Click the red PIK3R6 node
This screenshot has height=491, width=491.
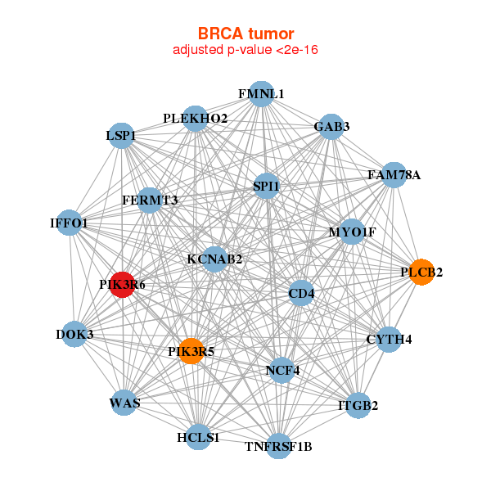[122, 285]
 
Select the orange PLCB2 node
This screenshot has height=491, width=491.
[421, 272]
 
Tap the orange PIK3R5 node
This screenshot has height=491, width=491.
[191, 352]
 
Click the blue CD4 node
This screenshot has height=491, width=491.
[301, 293]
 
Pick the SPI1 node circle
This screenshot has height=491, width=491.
[267, 187]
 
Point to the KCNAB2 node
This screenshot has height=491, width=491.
[214, 259]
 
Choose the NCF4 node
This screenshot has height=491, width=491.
[282, 370]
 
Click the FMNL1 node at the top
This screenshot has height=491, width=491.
[261, 94]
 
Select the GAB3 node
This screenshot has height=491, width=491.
[331, 126]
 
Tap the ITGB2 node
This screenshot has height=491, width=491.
[358, 404]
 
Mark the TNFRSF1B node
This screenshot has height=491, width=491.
[279, 446]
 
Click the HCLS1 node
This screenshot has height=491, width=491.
[198, 437]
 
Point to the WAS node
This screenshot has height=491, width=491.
[124, 403]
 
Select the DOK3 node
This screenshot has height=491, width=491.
[75, 334]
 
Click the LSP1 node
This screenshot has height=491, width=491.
[121, 135]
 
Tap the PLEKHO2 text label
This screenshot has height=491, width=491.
[195, 119]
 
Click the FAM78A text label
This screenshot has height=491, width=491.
[394, 174]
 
